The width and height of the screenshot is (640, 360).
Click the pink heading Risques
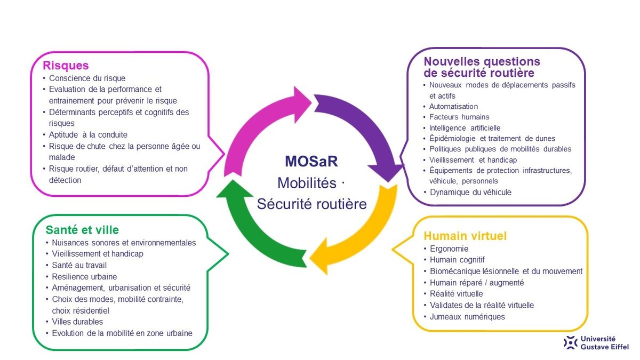coord(66,66)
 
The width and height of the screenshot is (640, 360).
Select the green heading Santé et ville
coord(82,230)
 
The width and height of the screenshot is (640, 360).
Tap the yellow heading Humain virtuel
coord(465,236)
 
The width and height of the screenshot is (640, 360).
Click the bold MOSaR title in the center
coord(311,162)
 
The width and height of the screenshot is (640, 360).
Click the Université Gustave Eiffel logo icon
coord(570,342)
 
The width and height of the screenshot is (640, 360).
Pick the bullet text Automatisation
coord(453,107)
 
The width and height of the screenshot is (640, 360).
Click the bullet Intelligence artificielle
coord(465,127)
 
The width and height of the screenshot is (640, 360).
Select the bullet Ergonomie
coord(449,249)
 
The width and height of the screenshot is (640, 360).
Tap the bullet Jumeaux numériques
coord(467,317)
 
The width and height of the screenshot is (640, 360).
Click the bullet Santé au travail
coord(79,265)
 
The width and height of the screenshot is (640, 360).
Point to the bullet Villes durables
coord(77,322)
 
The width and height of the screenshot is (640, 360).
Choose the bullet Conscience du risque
coord(87,78)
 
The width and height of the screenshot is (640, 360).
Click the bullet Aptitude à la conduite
coord(88,134)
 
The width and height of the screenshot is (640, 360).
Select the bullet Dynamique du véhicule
coord(470,193)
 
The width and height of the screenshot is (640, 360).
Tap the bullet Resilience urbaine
coord(84,277)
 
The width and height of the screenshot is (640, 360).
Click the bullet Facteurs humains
coord(459,117)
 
